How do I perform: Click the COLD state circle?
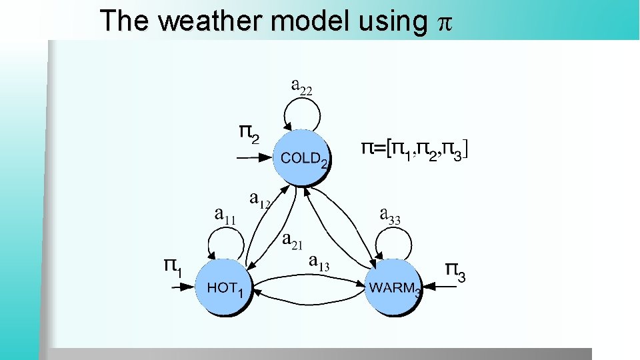coord(302,157)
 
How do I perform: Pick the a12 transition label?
coord(259,199)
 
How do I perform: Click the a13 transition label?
coord(319,263)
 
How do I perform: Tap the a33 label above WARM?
coord(390,215)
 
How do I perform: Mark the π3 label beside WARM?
coord(455,271)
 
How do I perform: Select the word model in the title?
coord(309,21)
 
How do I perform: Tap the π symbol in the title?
coord(443,23)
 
